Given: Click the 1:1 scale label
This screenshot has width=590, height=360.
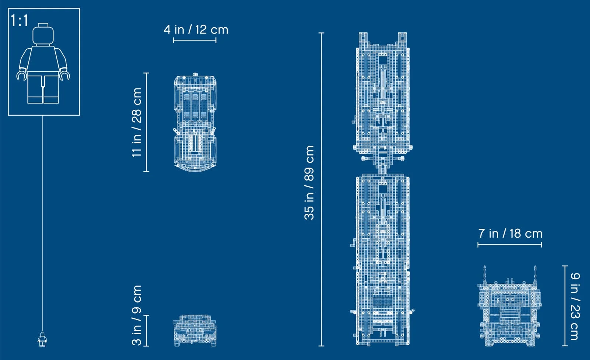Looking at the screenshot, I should (x=19, y=20).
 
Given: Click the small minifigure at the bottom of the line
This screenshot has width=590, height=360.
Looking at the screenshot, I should (x=42, y=339).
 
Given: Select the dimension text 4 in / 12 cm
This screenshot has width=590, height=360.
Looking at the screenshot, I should (x=196, y=29).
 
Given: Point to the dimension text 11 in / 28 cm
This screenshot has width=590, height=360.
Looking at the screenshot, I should (x=136, y=122).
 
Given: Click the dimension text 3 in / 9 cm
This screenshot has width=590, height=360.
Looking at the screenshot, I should (x=136, y=315).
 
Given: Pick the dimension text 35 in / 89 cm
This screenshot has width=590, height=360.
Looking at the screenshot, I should (x=309, y=183).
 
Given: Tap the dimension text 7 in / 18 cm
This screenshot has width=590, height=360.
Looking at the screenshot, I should (x=510, y=233).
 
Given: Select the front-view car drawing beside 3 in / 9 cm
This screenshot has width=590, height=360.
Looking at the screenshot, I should (x=195, y=331).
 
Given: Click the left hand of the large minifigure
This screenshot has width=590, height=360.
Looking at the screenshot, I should (x=22, y=75).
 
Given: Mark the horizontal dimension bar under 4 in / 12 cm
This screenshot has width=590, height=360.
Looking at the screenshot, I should (x=195, y=40).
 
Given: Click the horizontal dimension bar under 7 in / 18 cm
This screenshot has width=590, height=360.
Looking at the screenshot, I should (x=510, y=244).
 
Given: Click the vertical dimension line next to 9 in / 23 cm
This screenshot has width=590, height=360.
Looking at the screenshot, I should (x=565, y=306).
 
